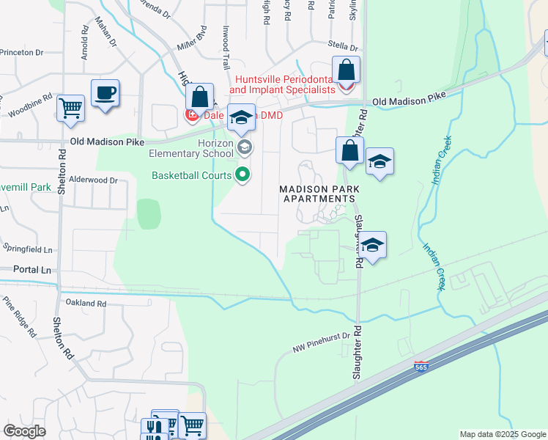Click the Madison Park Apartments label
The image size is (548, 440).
[x=319, y=194]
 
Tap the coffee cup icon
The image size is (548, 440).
[x=105, y=93]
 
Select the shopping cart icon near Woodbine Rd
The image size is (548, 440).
[x=70, y=108]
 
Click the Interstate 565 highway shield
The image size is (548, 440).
[x=421, y=366]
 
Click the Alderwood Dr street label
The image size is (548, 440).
[x=93, y=180]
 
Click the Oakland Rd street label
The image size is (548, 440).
[x=86, y=303]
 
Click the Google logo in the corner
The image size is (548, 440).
[x=24, y=431]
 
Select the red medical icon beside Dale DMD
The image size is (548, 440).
[x=191, y=115]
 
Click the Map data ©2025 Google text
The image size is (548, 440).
[x=503, y=434]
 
